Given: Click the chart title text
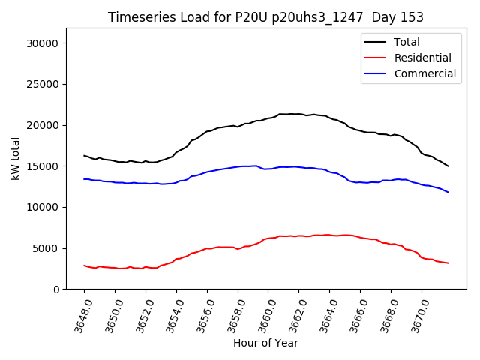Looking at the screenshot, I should [x=265, y=17].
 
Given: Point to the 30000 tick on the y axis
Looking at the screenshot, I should [x=43, y=43].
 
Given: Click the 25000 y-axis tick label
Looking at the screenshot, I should [x=43, y=85].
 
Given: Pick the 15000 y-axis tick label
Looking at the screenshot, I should [x=43, y=166].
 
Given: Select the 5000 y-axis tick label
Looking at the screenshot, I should [x=46, y=248].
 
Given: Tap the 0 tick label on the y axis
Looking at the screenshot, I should [x=55, y=289].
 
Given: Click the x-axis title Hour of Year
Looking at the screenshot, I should [x=265, y=343].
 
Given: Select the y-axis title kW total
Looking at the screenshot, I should [x=15, y=158].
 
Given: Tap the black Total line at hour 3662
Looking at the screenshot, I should [x=299, y=114].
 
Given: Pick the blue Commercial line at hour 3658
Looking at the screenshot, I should [x=238, y=166].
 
